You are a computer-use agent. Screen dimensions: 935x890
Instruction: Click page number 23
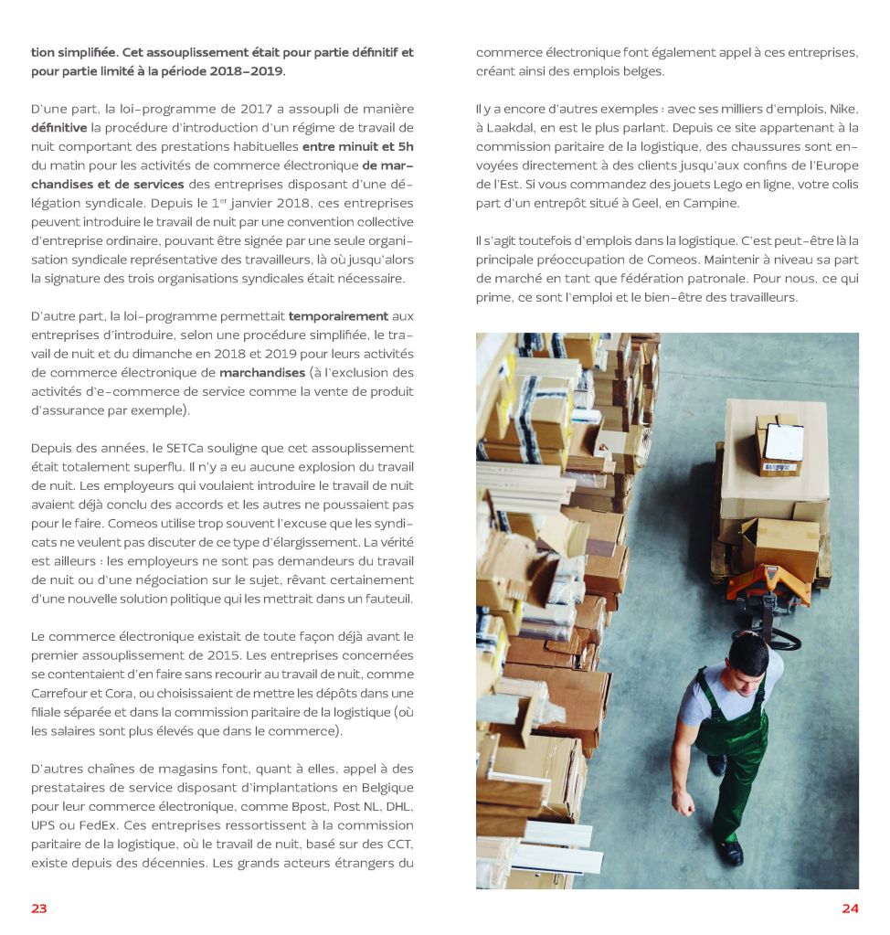click(38, 908)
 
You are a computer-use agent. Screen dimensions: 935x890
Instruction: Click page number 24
click(850, 908)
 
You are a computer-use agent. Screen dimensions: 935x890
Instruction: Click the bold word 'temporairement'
click(339, 315)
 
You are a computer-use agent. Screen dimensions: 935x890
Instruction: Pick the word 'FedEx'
click(91, 825)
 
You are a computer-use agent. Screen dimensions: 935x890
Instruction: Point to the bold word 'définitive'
click(59, 127)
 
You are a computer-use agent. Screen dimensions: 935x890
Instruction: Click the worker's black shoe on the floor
click(731, 852)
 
